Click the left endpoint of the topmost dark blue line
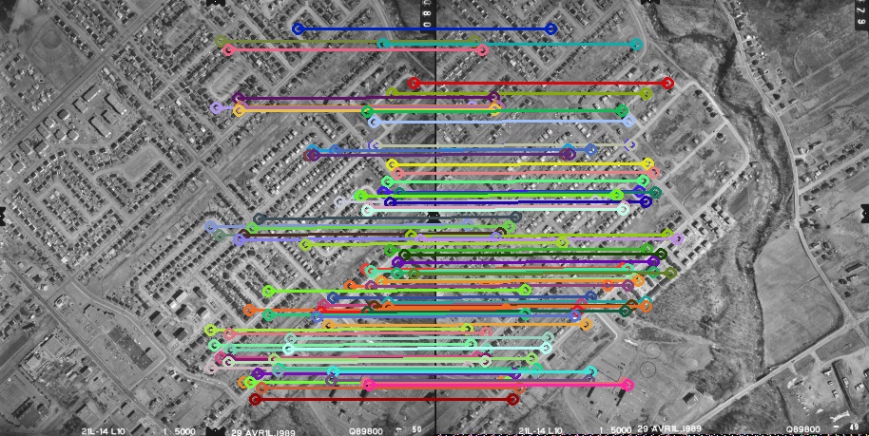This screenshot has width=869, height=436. (x=298, y=29)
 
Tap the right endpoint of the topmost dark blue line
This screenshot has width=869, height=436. (x=550, y=29)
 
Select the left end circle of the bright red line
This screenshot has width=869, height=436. (x=414, y=84)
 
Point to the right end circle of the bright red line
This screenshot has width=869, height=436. (x=667, y=84)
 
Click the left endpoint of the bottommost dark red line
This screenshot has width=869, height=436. (x=256, y=399)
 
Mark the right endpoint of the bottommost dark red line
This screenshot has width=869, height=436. (x=512, y=399)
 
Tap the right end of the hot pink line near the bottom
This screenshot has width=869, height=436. (x=628, y=386)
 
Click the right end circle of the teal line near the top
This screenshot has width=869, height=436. (x=636, y=44)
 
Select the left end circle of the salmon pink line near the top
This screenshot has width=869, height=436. (x=228, y=49)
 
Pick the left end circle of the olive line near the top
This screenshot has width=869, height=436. (x=222, y=41)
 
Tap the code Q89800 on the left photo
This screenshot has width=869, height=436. (x=367, y=431)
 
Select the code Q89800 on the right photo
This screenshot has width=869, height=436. (x=804, y=430)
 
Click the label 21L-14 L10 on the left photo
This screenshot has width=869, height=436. (x=102, y=431)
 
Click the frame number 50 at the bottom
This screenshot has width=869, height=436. (x=416, y=430)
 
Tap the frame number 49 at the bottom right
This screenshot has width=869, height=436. (x=853, y=428)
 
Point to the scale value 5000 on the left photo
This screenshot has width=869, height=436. (x=184, y=431)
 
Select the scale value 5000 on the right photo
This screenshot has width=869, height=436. (x=621, y=431)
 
